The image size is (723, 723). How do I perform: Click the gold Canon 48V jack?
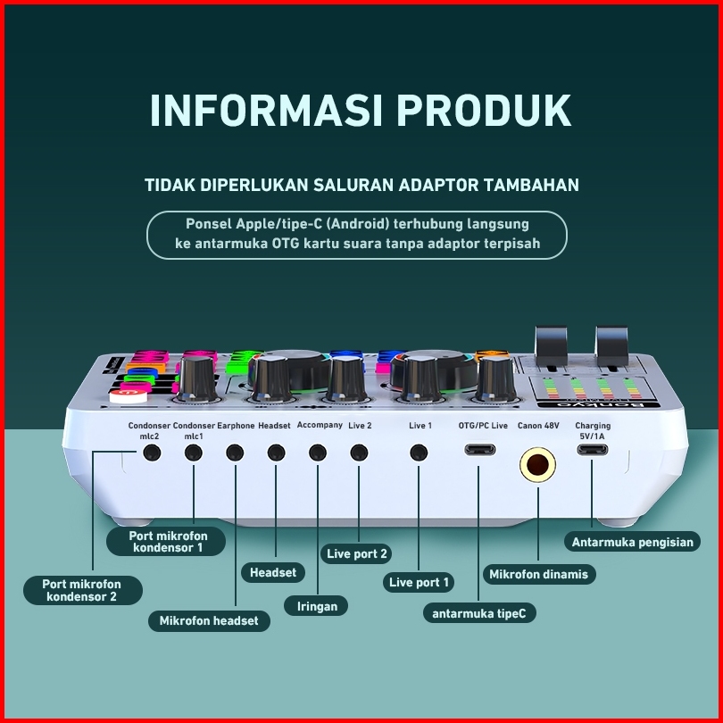tap(538, 464)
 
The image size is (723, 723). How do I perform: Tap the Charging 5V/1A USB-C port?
tap(593, 450)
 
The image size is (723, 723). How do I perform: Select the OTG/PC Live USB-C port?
tap(480, 450)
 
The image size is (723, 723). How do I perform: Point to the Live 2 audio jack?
tap(359, 452)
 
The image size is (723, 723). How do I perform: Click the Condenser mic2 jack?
tap(152, 452)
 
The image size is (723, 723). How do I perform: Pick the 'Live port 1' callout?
tap(420, 582)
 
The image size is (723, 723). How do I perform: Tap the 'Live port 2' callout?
tap(357, 553)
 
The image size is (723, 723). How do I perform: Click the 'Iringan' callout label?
tap(317, 606)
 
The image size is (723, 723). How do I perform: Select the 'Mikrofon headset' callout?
tap(209, 620)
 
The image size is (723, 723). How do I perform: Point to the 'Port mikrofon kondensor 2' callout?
tap(81, 589)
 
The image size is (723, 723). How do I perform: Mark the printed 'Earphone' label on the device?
tap(236, 426)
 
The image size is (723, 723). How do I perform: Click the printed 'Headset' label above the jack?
tap(274, 426)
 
